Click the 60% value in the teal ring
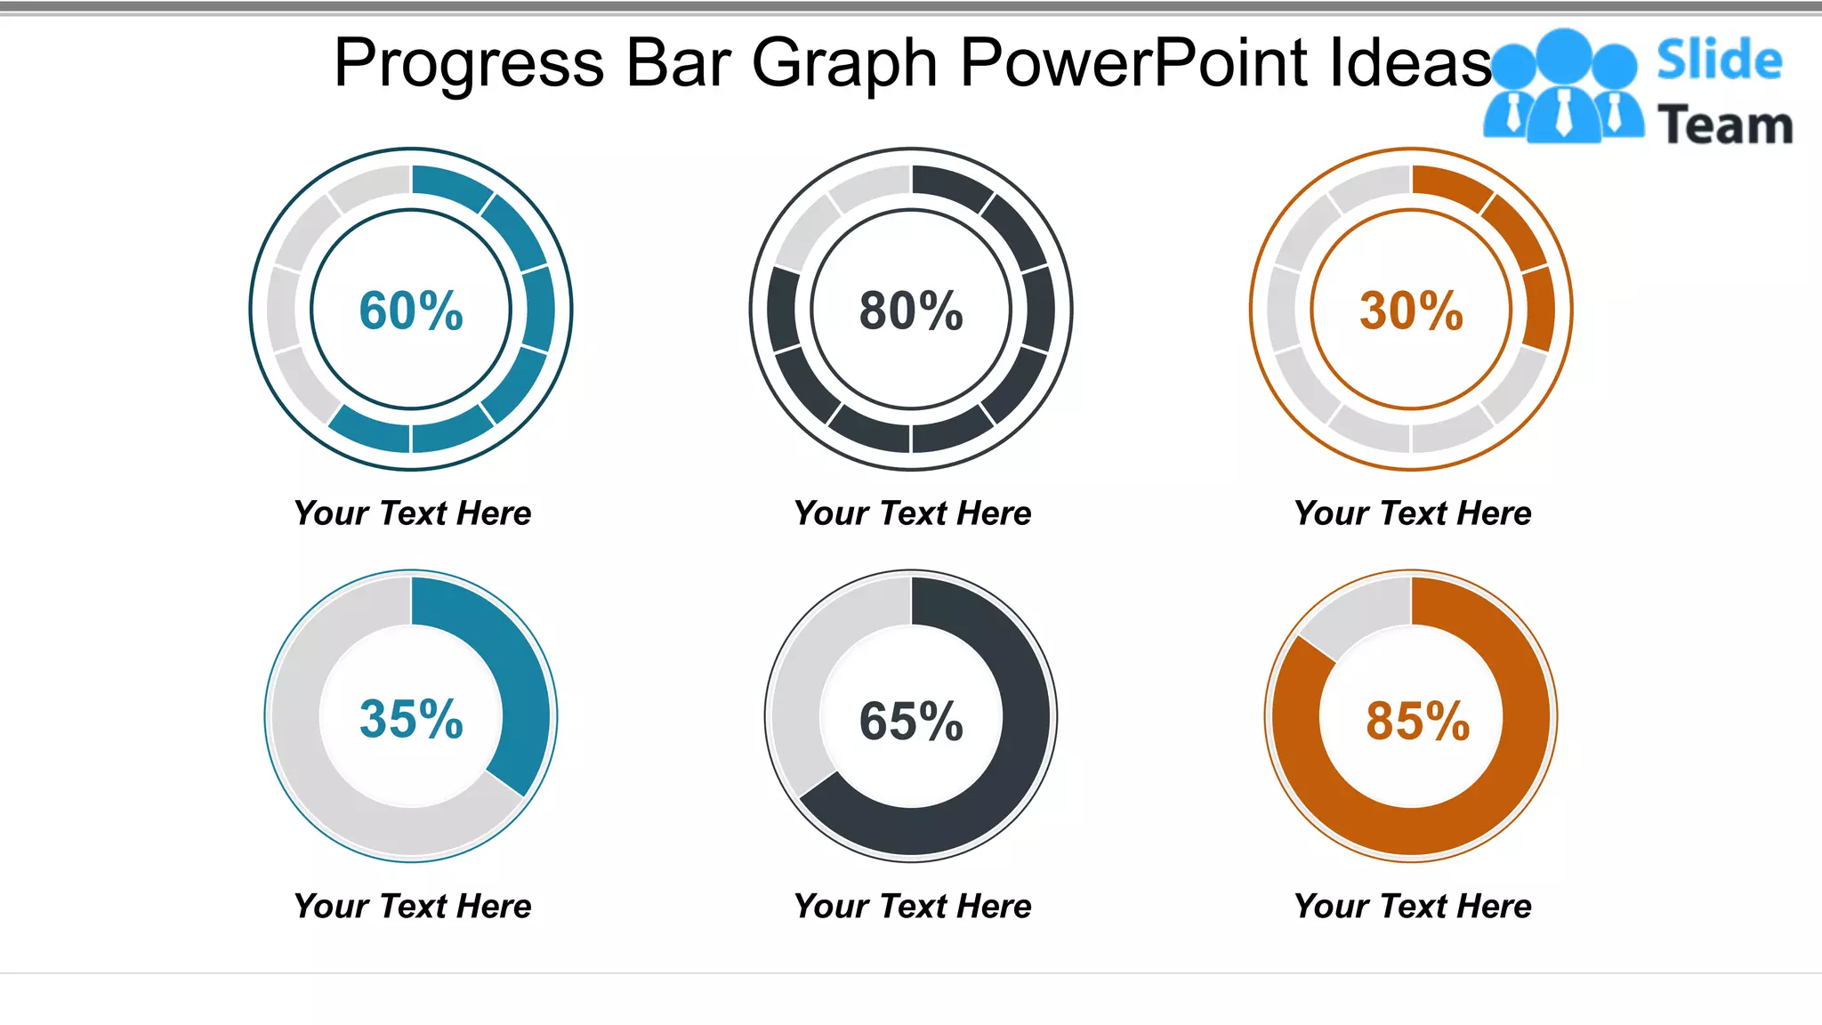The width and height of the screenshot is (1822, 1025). (x=411, y=311)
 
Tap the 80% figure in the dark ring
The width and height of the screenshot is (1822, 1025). (x=911, y=311)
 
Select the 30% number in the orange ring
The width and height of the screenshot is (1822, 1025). (x=1411, y=311)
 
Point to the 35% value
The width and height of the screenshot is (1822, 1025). (x=411, y=719)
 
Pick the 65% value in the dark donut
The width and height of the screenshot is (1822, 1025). (x=911, y=721)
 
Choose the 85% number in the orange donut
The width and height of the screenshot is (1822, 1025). (x=1417, y=721)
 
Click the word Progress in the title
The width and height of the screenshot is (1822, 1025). (x=469, y=63)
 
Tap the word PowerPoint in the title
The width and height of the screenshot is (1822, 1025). (x=1133, y=63)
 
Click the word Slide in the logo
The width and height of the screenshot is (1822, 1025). (x=1719, y=61)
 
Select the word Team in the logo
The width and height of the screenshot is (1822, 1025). (x=1725, y=125)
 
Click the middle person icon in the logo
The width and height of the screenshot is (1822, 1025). (x=1563, y=85)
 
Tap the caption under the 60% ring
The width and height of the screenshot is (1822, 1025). (x=413, y=513)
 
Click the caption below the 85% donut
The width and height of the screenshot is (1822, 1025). (x=1413, y=907)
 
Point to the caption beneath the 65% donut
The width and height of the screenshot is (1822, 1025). (x=913, y=907)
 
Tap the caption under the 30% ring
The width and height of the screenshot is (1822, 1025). (x=1413, y=513)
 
